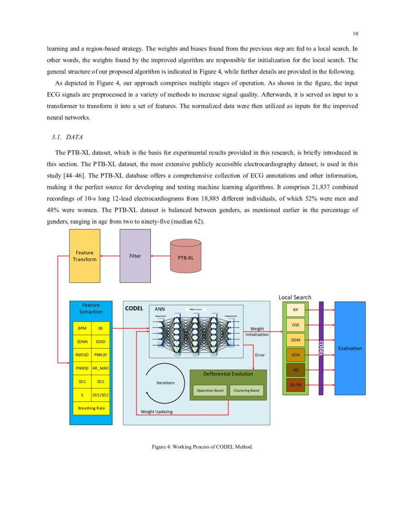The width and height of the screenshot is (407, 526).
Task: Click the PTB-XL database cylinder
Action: click(186, 257)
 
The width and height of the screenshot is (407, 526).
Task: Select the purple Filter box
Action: click(135, 256)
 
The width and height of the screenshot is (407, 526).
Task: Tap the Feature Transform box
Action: click(85, 256)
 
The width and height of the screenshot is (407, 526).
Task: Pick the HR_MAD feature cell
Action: click(101, 368)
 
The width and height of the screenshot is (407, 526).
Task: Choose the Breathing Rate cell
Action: click(91, 408)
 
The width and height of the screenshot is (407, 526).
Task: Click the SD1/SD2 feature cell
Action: click(101, 394)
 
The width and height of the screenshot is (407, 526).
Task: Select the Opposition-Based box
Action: click(210, 391)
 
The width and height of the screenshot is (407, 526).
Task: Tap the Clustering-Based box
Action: click(247, 391)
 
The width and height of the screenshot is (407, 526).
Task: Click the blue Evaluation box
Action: click(350, 348)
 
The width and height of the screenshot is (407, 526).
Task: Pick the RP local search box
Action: click(295, 310)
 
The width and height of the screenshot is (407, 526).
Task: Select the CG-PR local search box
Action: click(295, 384)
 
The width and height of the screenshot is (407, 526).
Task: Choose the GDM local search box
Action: click(295, 340)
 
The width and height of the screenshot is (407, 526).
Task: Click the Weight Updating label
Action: click(157, 412)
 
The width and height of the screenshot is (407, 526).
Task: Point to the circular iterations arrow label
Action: click(166, 383)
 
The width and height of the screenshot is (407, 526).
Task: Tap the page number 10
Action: click(355, 33)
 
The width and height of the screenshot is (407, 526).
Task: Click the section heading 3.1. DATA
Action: click(67, 137)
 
